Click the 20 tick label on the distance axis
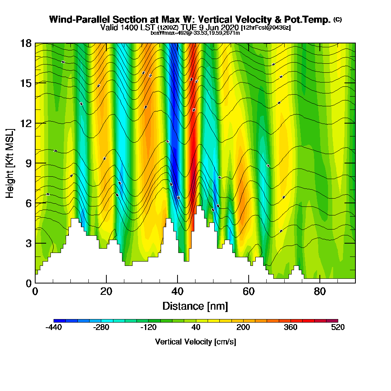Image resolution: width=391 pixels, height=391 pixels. click(x=106, y=291)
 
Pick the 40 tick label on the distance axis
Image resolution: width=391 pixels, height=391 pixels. click(x=178, y=291)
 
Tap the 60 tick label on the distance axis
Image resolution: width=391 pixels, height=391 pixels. click(x=249, y=291)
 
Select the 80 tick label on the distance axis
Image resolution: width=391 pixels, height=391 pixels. click(x=320, y=291)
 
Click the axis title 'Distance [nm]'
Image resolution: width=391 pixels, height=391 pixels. click(x=195, y=306)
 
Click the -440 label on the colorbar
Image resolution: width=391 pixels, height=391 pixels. click(x=54, y=328)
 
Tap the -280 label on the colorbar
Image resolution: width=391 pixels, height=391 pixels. click(x=101, y=328)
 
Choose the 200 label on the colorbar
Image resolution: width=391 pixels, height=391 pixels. click(x=243, y=328)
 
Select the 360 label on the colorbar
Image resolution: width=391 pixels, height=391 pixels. click(x=291, y=328)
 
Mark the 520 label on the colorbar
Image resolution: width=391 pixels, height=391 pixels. click(x=338, y=328)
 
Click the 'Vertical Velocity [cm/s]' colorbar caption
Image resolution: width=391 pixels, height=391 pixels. click(x=195, y=342)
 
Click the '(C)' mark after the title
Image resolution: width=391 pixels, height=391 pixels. click(x=337, y=19)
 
